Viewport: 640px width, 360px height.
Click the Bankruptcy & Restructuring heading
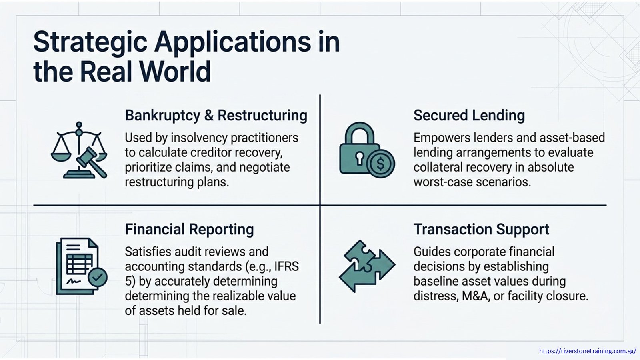pyautogui.click(x=216, y=116)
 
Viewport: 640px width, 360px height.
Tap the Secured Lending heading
pyautogui.click(x=469, y=116)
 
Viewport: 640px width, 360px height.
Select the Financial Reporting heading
pyautogui.click(x=190, y=230)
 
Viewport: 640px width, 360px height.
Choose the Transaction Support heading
pyautogui.click(x=481, y=229)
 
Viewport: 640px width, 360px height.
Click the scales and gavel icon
pyautogui.click(x=79, y=150)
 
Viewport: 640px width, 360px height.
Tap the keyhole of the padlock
pyautogui.click(x=359, y=158)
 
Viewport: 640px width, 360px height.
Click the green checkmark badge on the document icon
pyautogui.click(x=98, y=276)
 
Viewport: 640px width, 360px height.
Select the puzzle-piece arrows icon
pyautogui.click(x=367, y=266)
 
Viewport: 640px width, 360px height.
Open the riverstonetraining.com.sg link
pyautogui.click(x=588, y=350)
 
